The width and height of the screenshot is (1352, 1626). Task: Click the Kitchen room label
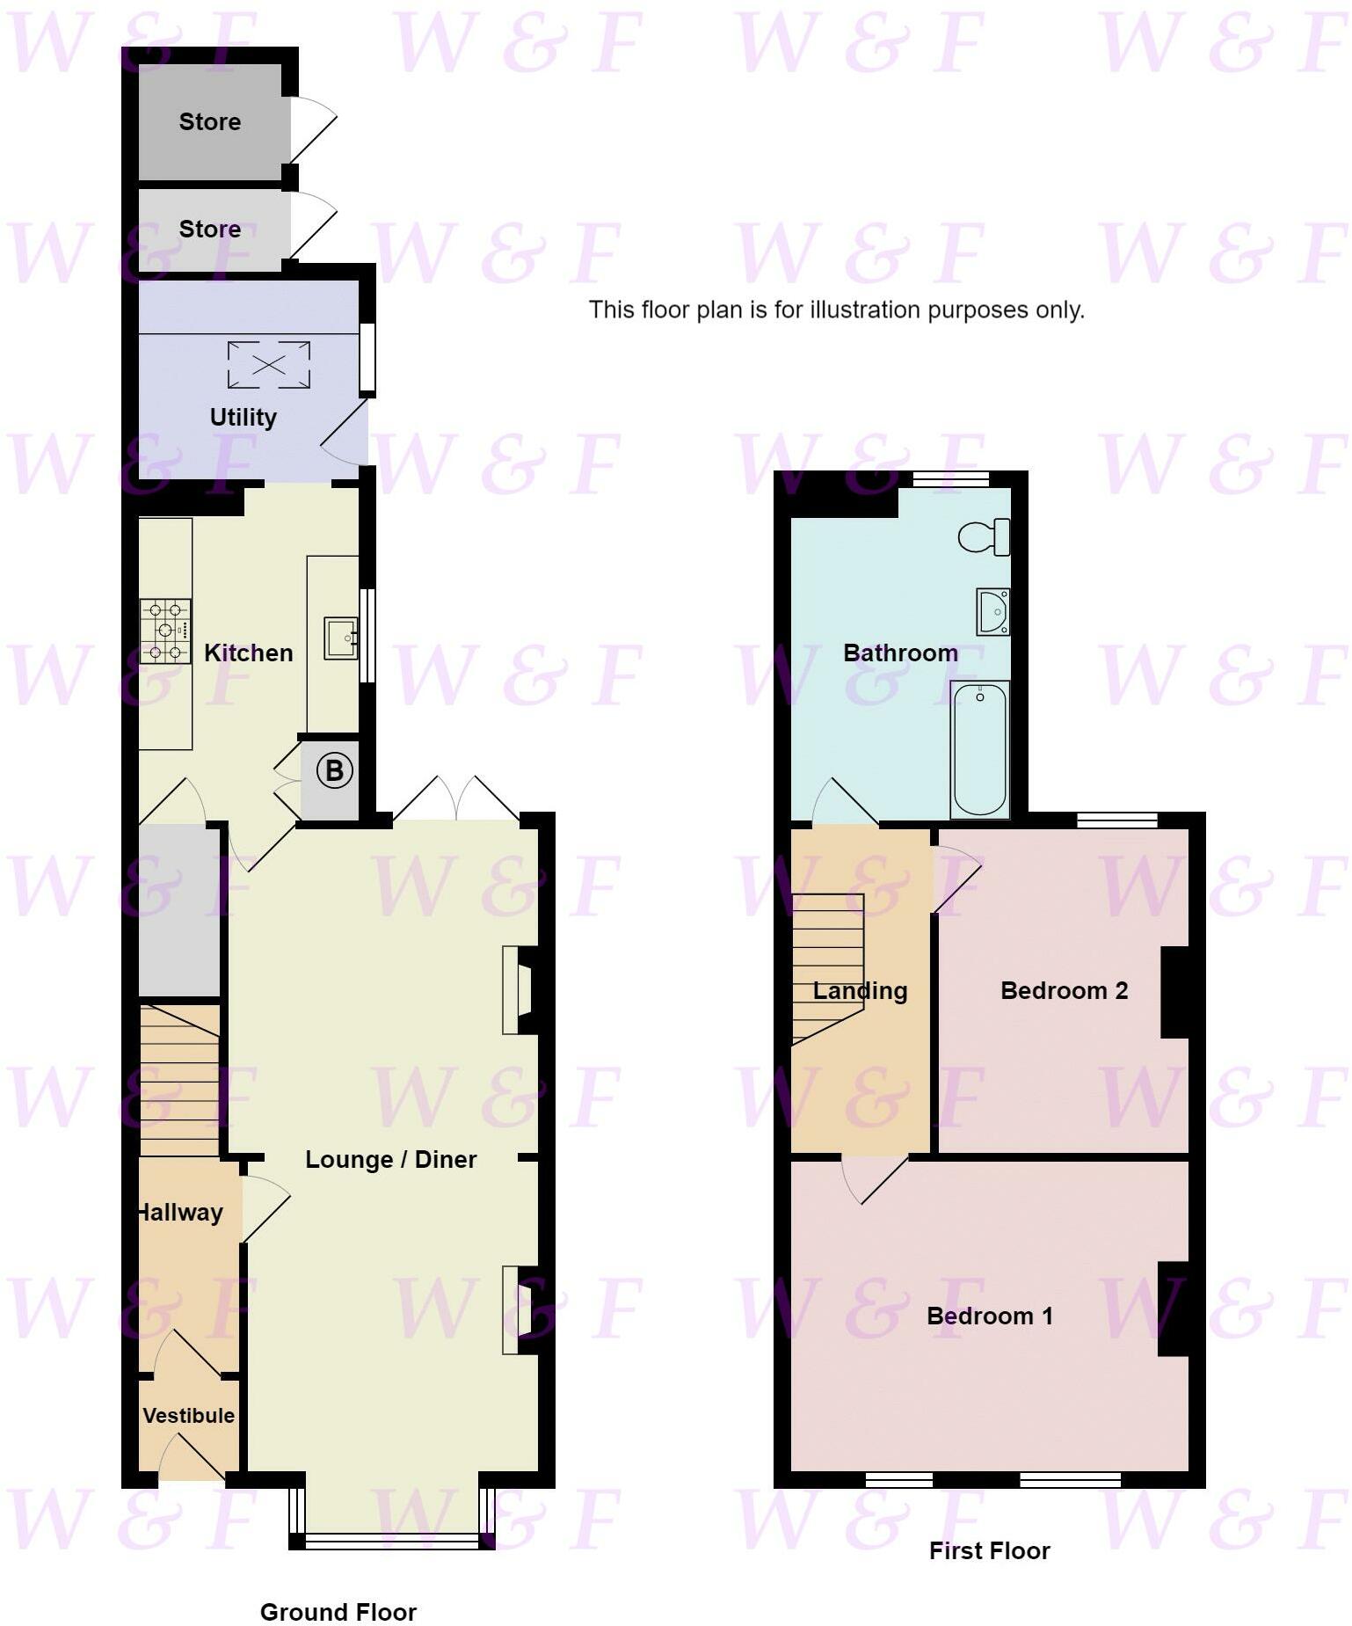click(248, 653)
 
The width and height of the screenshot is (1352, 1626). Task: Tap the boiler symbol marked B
click(334, 770)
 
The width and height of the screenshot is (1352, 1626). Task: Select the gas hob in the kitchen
click(165, 631)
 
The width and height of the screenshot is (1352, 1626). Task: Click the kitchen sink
click(340, 638)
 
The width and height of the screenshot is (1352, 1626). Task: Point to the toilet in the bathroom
click(984, 536)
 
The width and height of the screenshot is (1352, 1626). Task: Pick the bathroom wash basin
click(993, 611)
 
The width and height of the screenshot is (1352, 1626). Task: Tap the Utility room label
click(243, 417)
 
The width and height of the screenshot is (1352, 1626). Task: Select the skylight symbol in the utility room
click(268, 364)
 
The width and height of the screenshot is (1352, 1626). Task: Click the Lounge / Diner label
click(390, 1159)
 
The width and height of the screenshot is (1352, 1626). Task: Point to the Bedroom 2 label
click(1064, 990)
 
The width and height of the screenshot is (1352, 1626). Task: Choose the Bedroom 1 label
click(989, 1316)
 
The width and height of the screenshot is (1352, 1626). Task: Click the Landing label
click(860, 990)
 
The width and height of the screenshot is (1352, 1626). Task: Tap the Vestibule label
click(188, 1415)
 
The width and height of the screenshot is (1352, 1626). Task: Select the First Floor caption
click(989, 1550)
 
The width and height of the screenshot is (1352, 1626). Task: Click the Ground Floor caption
click(338, 1612)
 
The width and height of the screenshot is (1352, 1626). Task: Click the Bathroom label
click(900, 653)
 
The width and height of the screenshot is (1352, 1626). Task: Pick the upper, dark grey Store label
click(209, 121)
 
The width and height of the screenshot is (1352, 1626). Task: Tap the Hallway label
click(181, 1212)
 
